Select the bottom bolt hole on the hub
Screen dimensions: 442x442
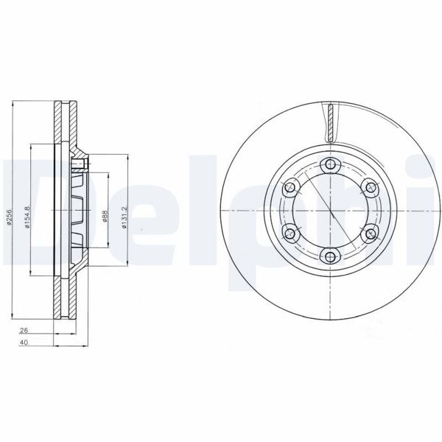[331, 256]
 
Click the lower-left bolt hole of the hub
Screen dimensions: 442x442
[291, 234]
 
